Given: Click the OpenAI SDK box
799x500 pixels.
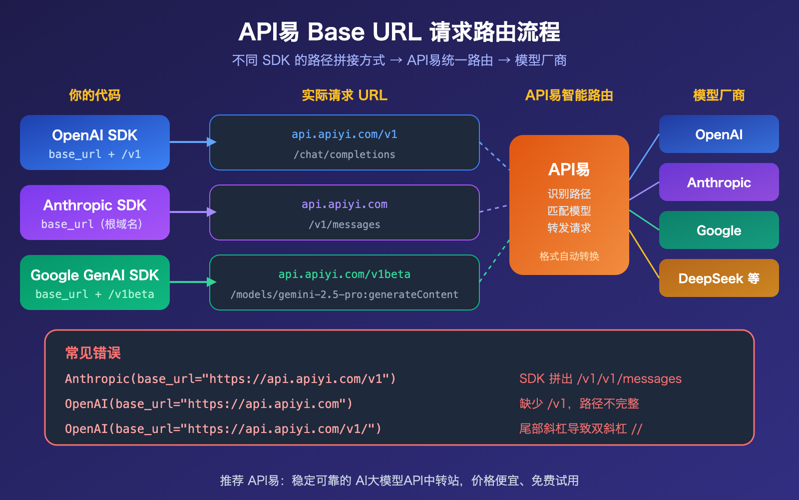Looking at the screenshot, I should click(95, 142).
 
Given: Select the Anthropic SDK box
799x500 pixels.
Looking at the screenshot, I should click(95, 212).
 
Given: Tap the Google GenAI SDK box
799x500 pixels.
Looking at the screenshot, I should click(95, 282).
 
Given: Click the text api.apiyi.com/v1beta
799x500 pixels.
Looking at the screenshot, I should click(344, 274).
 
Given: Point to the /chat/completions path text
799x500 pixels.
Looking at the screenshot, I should click(344, 155).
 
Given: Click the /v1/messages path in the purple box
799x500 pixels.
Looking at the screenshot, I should click(344, 225).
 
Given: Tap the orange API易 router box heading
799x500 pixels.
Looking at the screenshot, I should click(569, 169).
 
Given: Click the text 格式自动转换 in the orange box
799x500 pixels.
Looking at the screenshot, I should click(569, 256).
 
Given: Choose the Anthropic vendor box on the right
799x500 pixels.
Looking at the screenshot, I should click(719, 182).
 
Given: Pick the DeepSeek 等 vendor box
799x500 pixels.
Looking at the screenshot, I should click(719, 278).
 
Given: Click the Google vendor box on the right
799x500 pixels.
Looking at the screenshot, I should click(719, 230).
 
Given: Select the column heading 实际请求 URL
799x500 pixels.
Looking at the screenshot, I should click(344, 95).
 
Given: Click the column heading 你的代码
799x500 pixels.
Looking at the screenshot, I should click(94, 95).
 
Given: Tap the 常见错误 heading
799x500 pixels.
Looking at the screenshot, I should click(93, 353).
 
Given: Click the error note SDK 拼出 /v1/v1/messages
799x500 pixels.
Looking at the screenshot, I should click(600, 379).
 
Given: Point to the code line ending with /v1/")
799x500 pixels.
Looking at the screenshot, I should click(223, 429).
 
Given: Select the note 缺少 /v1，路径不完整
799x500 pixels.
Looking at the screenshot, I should click(579, 404).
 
